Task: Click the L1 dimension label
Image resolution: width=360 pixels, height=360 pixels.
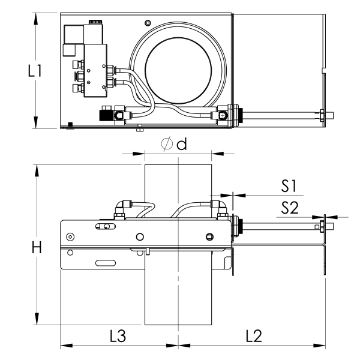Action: (x=34, y=71)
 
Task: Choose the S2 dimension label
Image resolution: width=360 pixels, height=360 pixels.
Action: (x=290, y=208)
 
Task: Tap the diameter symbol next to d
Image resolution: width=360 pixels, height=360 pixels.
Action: (x=168, y=144)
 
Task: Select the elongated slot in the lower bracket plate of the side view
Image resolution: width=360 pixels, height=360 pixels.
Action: (x=105, y=262)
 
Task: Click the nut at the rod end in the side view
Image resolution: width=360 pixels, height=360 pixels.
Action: (x=322, y=227)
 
